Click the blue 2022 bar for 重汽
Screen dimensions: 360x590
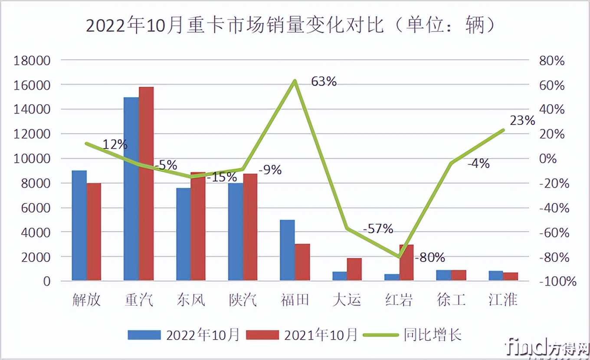point(131,189)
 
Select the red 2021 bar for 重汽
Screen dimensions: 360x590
point(146,183)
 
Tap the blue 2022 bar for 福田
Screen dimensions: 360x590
point(287,250)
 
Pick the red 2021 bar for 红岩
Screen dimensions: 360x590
point(406,263)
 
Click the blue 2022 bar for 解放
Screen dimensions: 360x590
point(79,226)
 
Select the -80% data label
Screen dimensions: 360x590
point(430,258)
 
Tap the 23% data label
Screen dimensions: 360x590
point(522,121)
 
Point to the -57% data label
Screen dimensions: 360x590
point(378,228)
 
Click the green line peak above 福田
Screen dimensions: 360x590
point(295,81)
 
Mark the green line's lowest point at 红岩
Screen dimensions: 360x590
point(399,257)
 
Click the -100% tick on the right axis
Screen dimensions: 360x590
point(557,281)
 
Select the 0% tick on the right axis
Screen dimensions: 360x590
point(547,159)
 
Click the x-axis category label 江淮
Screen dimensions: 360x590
point(503,300)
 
